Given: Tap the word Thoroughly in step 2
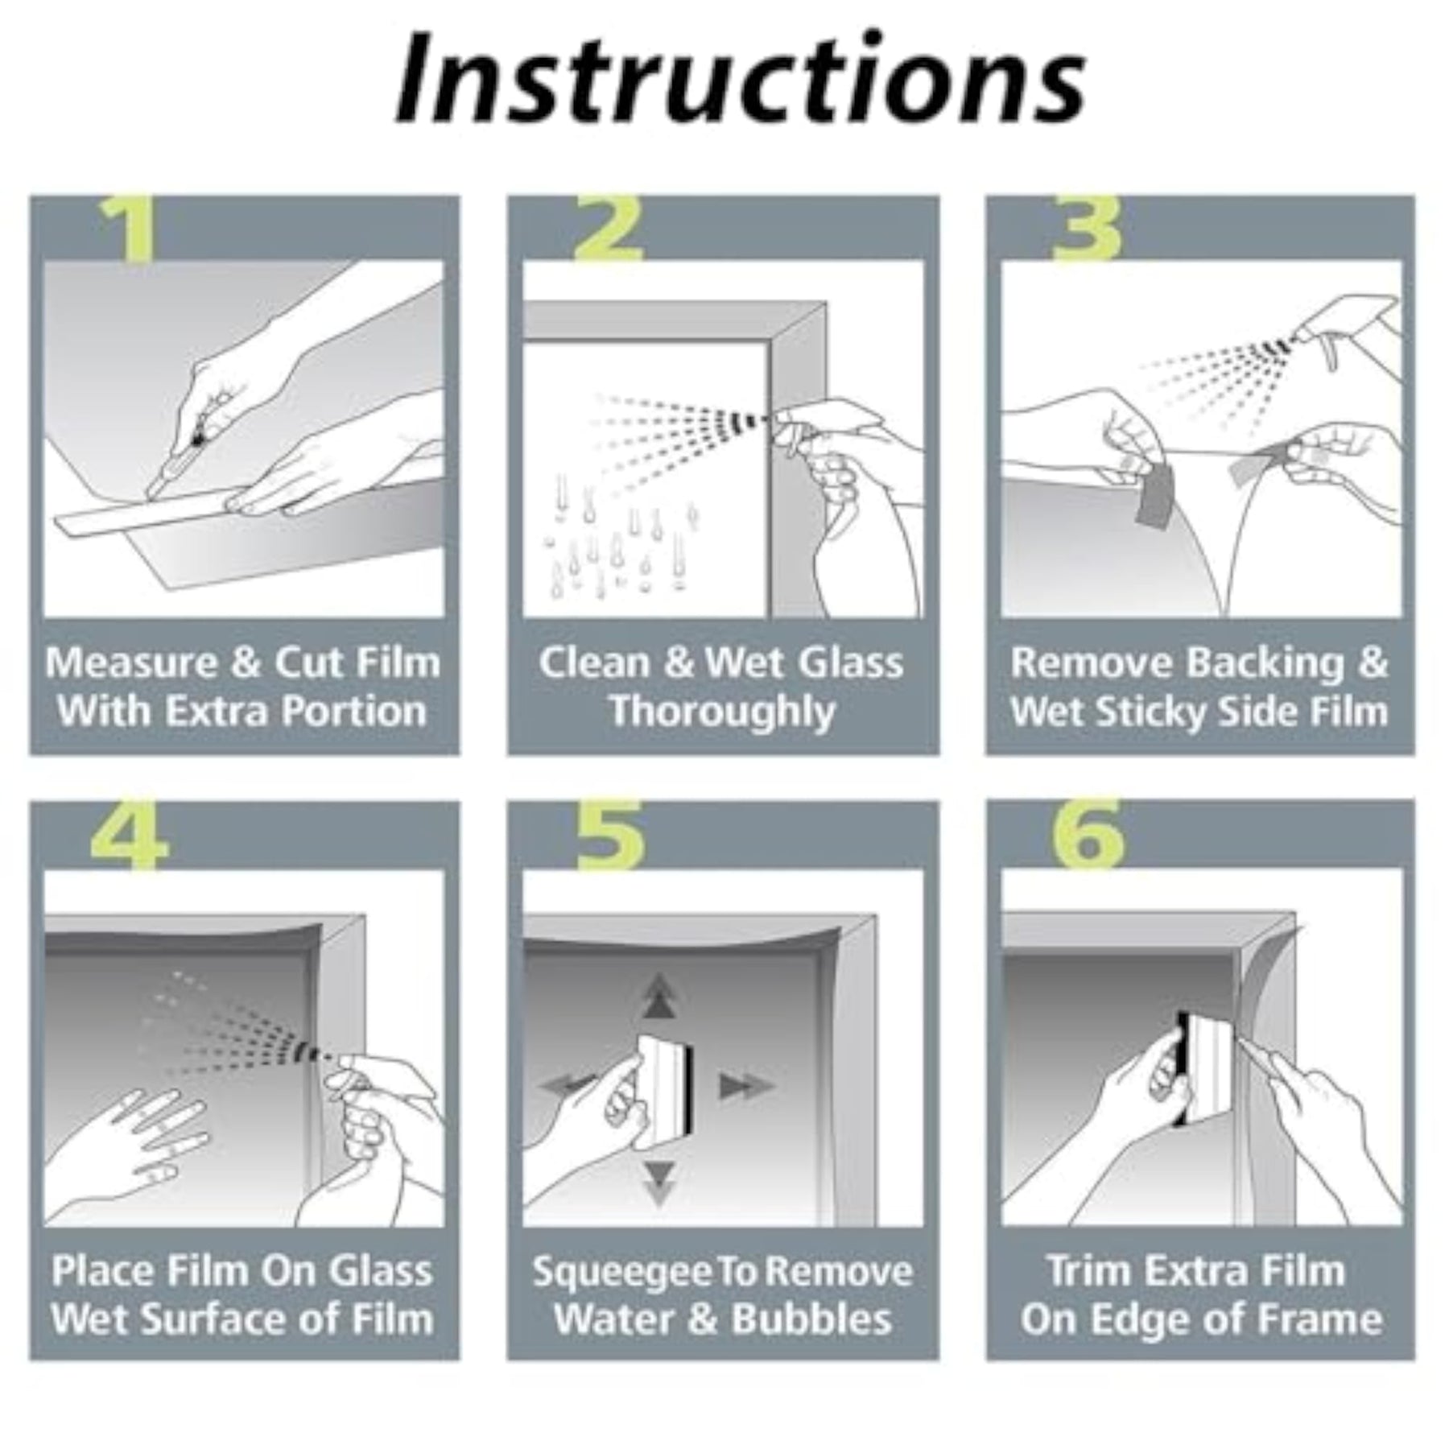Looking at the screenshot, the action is point(722,713).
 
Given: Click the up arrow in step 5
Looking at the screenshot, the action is point(659,997).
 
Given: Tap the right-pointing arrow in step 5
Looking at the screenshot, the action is point(745,1087).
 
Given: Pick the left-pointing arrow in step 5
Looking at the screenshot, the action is point(570,1085).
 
